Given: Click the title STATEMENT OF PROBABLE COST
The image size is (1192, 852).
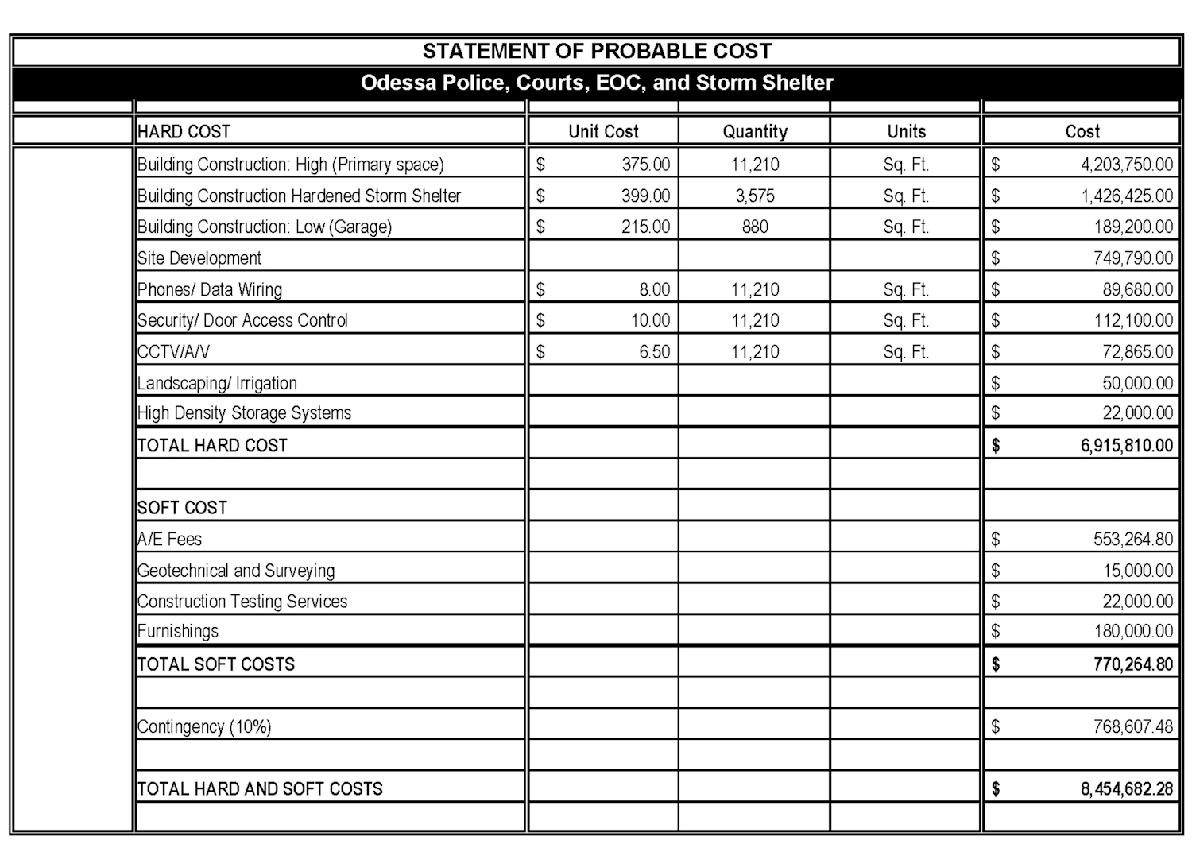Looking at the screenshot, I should [x=597, y=52].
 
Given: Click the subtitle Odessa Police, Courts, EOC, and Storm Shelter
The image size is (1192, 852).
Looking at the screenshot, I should [x=597, y=83].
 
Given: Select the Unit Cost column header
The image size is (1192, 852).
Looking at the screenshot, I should [x=603, y=132].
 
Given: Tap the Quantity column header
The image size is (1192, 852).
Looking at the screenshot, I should [x=755, y=132].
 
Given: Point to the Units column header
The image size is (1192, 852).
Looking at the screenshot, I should [x=906, y=132].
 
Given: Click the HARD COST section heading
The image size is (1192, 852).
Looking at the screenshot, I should [x=184, y=132].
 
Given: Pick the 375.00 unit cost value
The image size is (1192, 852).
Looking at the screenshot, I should [x=645, y=165].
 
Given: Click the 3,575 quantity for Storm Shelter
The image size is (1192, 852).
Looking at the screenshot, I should [x=755, y=196].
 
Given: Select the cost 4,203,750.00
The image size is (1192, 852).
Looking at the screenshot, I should [x=1126, y=165].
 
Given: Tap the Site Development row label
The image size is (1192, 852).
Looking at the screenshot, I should [x=199, y=258].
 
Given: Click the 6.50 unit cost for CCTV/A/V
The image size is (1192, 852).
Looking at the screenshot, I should [x=655, y=352].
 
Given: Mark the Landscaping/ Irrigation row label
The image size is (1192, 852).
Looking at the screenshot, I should [x=217, y=383].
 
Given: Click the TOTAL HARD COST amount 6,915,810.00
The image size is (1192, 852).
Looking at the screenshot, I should [x=1126, y=446].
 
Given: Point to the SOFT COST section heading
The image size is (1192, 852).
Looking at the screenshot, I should [x=182, y=508].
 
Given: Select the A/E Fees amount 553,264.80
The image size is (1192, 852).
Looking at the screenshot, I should [x=1133, y=540].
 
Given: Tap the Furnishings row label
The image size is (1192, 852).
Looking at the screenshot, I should [x=178, y=631].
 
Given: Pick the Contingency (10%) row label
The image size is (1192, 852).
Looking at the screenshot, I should [x=204, y=726].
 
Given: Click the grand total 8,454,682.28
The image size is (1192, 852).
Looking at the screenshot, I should [x=1126, y=789].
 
